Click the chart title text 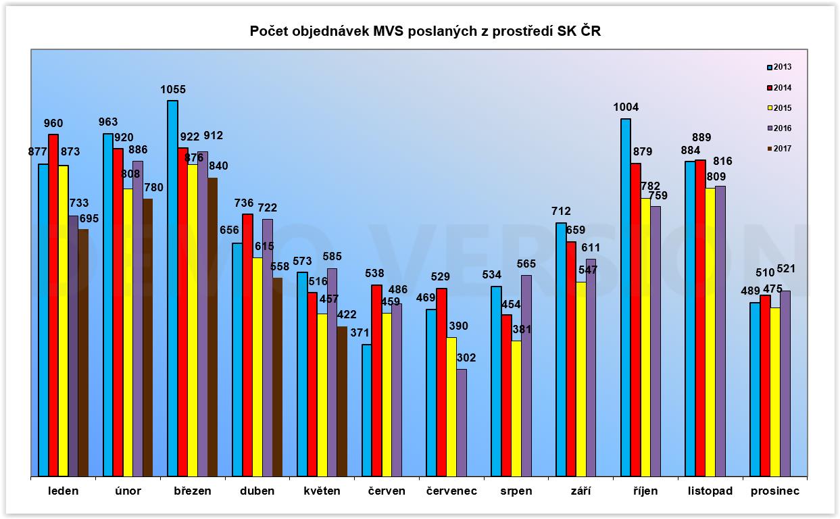pos(425,31)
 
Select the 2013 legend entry pos(779,68)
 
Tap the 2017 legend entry pos(779,149)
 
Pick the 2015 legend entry pos(779,108)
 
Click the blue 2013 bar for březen pos(173,287)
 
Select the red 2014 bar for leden pos(53,304)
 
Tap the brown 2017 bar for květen pos(342,401)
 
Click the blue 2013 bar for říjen pos(625,297)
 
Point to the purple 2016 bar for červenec pos(462,422)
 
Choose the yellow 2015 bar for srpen pos(516,408)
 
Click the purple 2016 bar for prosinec pos(785,383)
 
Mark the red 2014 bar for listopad pos(700,318)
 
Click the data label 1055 pos(173,89)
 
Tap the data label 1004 pos(626,107)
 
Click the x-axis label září pos(580,491)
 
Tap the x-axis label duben pos(257,491)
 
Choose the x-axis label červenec pos(451,491)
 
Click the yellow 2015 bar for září pos(580,378)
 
